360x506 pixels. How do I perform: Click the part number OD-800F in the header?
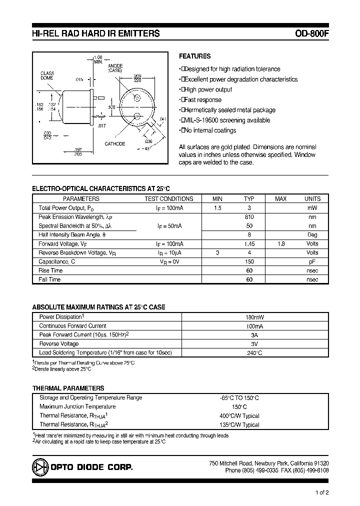311,34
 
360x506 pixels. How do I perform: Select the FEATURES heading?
194,56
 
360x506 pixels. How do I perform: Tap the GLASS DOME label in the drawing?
47,76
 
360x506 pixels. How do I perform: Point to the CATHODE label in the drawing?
114,144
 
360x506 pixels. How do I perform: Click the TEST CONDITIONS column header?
168,198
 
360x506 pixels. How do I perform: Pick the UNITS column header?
312,198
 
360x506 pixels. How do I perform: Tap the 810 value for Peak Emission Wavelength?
249,217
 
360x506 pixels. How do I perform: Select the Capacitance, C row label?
57,261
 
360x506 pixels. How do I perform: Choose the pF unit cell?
312,261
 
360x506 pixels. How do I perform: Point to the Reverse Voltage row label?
59,344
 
